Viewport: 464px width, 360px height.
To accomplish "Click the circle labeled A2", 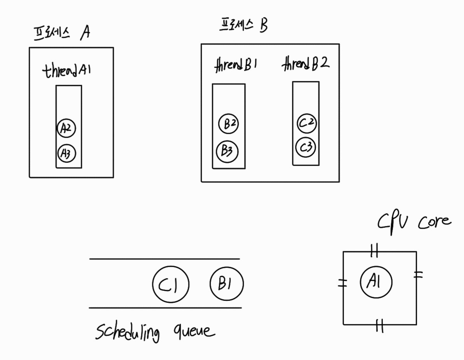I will pyautogui.click(x=66, y=128).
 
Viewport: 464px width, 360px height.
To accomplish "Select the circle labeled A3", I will pyautogui.click(x=66, y=154).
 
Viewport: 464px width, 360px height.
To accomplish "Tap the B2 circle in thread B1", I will pyautogui.click(x=228, y=124).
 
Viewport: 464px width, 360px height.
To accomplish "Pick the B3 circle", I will pyautogui.click(x=227, y=151).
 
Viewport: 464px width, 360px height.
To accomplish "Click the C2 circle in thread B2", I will pyautogui.click(x=307, y=124).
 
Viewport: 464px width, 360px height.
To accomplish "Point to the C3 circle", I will pyautogui.click(x=306, y=148).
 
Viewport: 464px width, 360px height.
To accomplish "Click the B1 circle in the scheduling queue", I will pyautogui.click(x=226, y=284).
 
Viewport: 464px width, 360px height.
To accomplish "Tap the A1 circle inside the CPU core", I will pyautogui.click(x=376, y=282).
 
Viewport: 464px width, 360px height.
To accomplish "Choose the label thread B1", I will pyautogui.click(x=236, y=66).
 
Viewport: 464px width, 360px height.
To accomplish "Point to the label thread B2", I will pyautogui.click(x=306, y=64).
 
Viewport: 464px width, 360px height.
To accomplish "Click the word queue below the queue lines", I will pyautogui.click(x=194, y=331).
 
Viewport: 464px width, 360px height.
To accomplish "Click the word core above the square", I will pyautogui.click(x=435, y=222).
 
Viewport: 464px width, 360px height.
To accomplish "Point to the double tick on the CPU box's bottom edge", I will pyautogui.click(x=380, y=325).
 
